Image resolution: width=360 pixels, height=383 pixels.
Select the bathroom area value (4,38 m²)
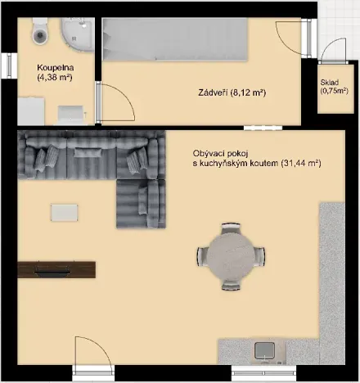coord(55,79)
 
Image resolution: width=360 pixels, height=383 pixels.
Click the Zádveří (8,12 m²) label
coord(232,92)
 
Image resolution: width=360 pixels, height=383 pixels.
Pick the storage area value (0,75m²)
coord(332,91)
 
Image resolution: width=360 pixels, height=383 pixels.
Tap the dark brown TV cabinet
coord(56,268)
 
